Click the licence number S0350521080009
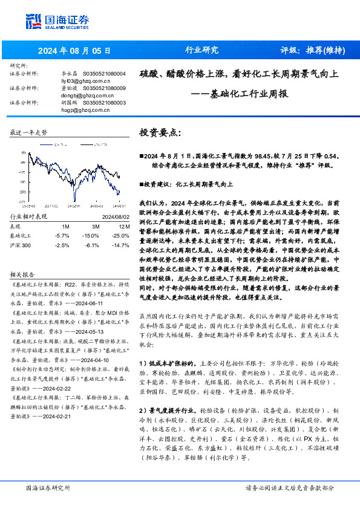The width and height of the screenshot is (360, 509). (x=103, y=88)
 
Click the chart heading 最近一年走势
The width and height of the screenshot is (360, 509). (x=29, y=132)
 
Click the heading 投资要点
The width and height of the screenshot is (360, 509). (x=160, y=132)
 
